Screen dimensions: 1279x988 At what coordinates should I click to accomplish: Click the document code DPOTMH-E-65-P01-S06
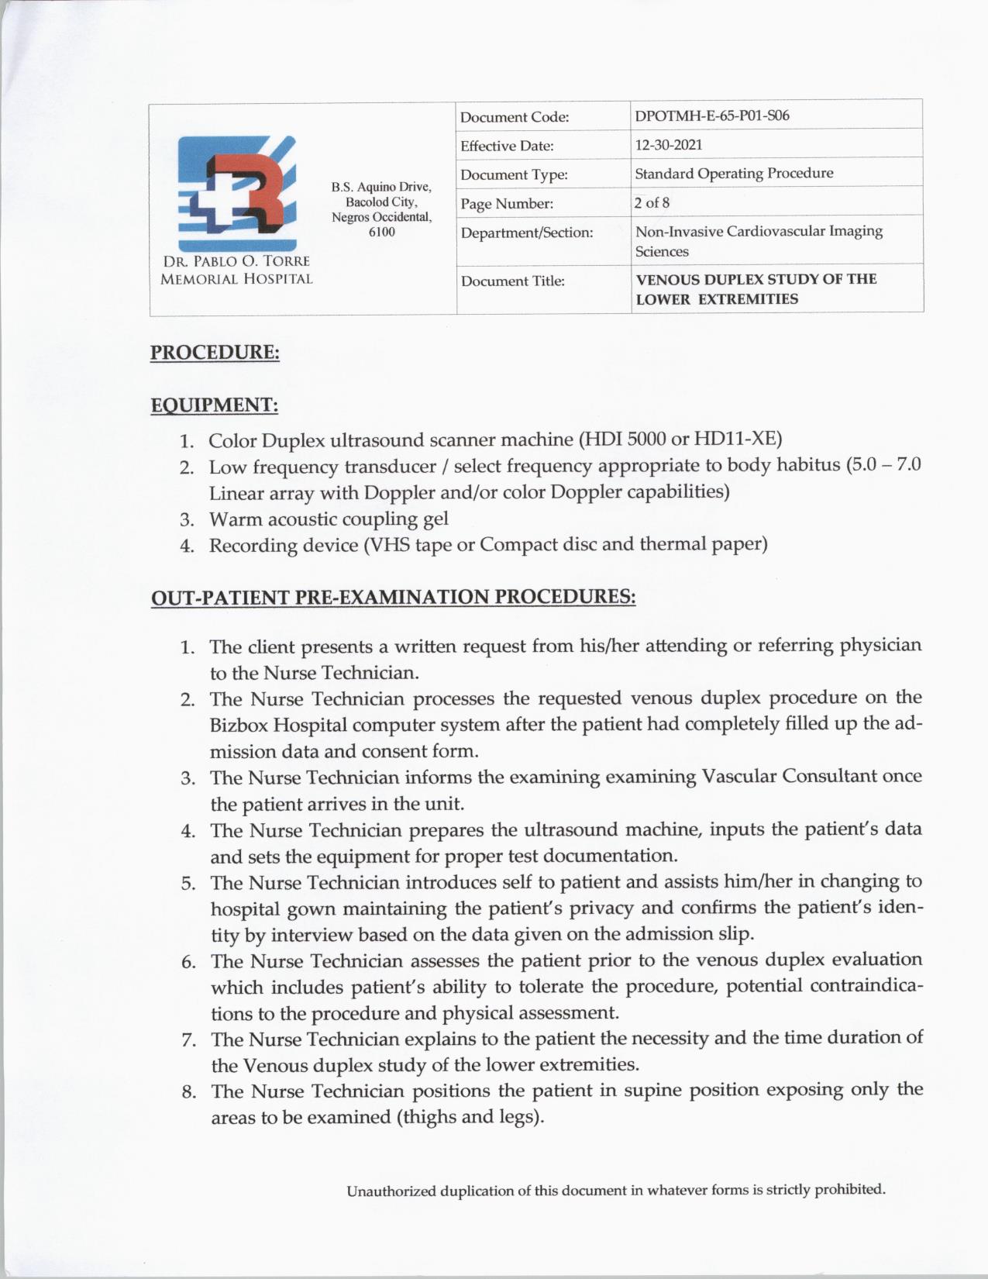[x=712, y=116]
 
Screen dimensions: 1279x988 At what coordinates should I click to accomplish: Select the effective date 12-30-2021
[x=669, y=145]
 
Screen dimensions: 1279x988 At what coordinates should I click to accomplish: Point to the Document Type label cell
[x=514, y=175]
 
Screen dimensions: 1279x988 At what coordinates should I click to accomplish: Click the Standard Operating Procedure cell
[x=734, y=174]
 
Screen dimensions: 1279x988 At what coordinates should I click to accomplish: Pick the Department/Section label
[x=527, y=233]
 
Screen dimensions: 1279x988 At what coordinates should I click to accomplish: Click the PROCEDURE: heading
[x=215, y=352]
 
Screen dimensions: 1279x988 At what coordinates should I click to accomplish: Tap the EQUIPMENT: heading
[x=214, y=405]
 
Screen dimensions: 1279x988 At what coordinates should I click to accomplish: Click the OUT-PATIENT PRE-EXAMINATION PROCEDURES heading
[x=393, y=598]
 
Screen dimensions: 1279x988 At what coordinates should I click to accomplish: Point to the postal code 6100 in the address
[x=381, y=232]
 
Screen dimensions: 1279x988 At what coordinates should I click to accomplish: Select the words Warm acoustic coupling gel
[x=329, y=519]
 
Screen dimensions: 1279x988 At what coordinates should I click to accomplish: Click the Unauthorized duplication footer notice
[x=615, y=1190]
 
